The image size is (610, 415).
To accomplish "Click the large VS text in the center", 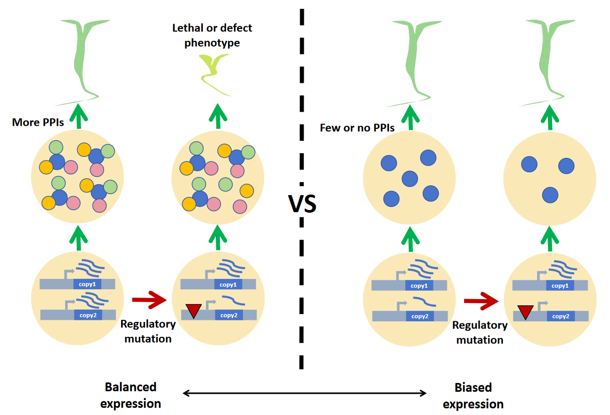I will click(302, 204).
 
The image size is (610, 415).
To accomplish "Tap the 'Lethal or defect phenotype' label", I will click(212, 35).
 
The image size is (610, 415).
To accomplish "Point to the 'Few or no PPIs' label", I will click(358, 128).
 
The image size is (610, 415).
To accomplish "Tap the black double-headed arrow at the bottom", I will click(305, 393).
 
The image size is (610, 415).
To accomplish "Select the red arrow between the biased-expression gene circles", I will click(481, 301).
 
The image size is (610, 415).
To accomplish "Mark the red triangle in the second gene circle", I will click(194, 310).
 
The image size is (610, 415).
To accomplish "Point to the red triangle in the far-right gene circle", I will click(525, 312).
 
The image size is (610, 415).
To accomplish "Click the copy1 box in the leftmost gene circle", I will click(87, 284).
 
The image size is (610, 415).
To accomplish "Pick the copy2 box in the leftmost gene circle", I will click(87, 314).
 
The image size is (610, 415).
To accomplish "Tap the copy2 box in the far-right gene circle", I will click(560, 316).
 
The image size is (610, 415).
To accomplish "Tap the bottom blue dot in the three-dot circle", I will click(549, 195).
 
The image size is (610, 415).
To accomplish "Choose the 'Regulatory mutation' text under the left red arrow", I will click(147, 331).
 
